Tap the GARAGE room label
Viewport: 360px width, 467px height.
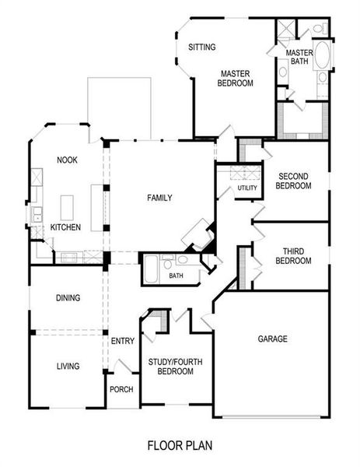tap(273, 339)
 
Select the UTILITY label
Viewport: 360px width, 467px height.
tap(247, 188)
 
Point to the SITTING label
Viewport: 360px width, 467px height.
tap(202, 47)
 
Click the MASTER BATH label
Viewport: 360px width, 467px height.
tap(299, 57)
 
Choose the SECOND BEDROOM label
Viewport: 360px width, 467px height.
tap(295, 181)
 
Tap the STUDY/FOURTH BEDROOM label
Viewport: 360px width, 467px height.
tap(172, 367)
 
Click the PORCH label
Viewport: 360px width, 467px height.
tap(121, 389)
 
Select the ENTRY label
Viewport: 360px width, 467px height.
tap(123, 341)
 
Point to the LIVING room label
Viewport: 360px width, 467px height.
tap(68, 367)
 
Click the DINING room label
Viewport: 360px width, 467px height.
tap(68, 298)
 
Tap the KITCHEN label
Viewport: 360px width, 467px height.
tap(66, 227)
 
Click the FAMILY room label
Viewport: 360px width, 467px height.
tap(159, 198)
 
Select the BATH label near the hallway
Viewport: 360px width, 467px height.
tap(177, 276)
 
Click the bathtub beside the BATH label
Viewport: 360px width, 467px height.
tap(151, 270)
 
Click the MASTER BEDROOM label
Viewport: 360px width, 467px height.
tap(234, 79)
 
